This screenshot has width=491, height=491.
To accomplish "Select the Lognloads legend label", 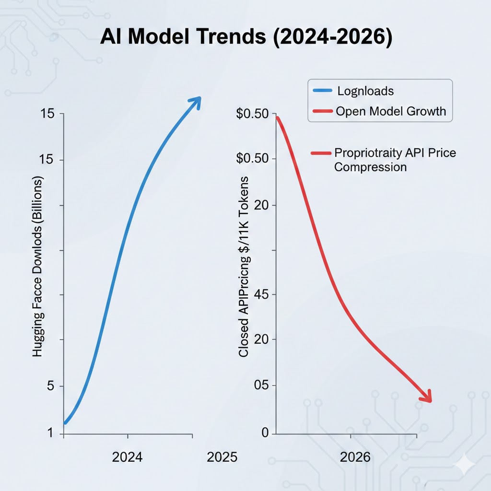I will pyautogui.click(x=366, y=90).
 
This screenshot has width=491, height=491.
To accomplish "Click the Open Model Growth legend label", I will pyautogui.click(x=391, y=111).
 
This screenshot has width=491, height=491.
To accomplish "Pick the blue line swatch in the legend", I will pyautogui.click(x=322, y=90).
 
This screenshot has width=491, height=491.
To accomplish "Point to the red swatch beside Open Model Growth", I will pyautogui.click(x=322, y=111).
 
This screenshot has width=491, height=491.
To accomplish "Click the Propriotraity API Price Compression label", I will pyautogui.click(x=394, y=160).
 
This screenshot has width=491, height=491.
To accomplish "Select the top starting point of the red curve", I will pyautogui.click(x=277, y=118).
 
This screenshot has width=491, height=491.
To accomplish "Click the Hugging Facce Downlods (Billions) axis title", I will pyautogui.click(x=38, y=266).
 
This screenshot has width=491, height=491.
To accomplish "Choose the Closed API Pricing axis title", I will pyautogui.click(x=244, y=266).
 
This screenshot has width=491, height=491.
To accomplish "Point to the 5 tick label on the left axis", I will pyautogui.click(x=51, y=386).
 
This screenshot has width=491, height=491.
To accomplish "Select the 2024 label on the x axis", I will pyautogui.click(x=127, y=457).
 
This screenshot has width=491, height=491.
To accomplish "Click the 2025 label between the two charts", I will pyautogui.click(x=222, y=457).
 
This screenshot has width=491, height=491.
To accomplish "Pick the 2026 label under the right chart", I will pyautogui.click(x=355, y=457).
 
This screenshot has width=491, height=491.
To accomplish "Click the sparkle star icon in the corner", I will pyautogui.click(x=465, y=464).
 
